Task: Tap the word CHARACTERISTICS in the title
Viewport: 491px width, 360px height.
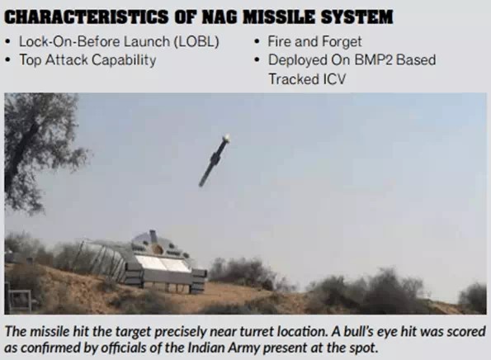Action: pyautogui.click(x=86, y=17)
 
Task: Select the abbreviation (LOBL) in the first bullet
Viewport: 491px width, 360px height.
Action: pyautogui.click(x=196, y=41)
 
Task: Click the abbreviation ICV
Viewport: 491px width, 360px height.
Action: pyautogui.click(x=334, y=79)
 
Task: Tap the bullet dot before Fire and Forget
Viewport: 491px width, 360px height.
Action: pyautogui.click(x=257, y=41)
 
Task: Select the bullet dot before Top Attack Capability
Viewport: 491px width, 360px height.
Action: pyautogui.click(x=8, y=60)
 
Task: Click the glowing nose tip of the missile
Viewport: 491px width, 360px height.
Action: pyautogui.click(x=227, y=138)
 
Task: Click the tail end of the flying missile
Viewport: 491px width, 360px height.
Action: pyautogui.click(x=201, y=185)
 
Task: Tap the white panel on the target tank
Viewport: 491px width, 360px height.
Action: pyautogui.click(x=163, y=263)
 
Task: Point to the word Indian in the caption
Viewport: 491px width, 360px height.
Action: pyautogui.click(x=209, y=348)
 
